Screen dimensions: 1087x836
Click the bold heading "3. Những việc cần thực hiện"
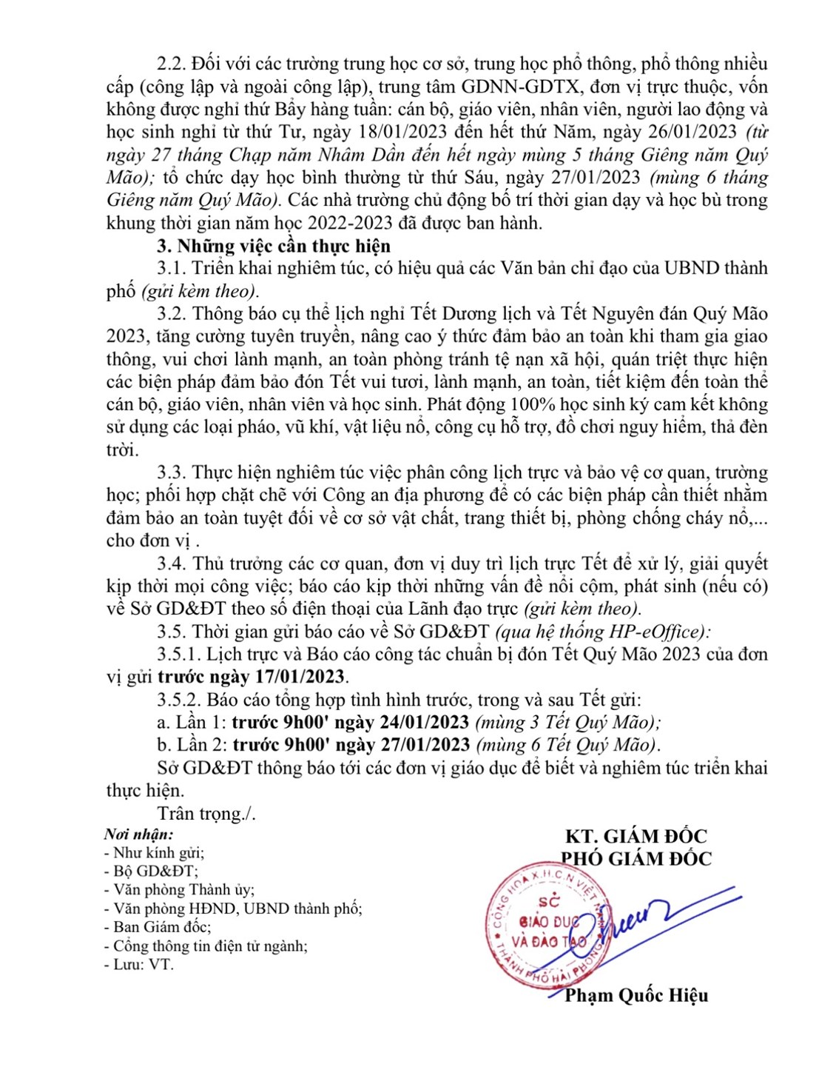pos(273,246)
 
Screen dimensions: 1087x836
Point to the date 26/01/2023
pos(692,132)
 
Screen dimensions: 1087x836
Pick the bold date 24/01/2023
pos(424,722)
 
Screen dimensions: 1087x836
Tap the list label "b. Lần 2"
pos(189,745)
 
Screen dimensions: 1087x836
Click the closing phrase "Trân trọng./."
pos(206,813)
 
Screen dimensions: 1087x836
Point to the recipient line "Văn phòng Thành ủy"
pos(183,890)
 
